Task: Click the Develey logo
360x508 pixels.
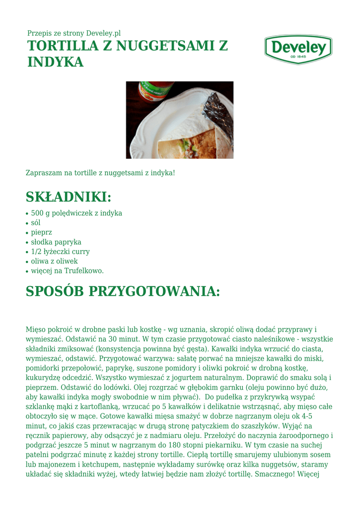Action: pyautogui.click(x=298, y=49)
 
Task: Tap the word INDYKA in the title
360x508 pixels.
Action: pyautogui.click(x=55, y=63)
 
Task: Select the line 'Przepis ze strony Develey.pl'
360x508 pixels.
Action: pyautogui.click(x=74, y=33)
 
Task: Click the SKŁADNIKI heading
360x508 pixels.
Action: pyautogui.click(x=68, y=197)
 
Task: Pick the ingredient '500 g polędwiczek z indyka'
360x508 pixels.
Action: pyautogui.click(x=76, y=213)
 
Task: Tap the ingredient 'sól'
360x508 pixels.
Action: pyautogui.click(x=36, y=223)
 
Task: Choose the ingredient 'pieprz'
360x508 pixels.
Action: pyautogui.click(x=41, y=232)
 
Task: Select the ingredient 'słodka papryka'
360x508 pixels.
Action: pyautogui.click(x=56, y=242)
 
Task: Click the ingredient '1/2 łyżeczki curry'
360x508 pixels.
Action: pyautogui.click(x=60, y=252)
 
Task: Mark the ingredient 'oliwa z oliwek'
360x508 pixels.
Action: pyautogui.click(x=54, y=261)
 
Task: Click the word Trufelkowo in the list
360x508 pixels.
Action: pyautogui.click(x=83, y=271)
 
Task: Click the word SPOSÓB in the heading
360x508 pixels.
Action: pyautogui.click(x=55, y=291)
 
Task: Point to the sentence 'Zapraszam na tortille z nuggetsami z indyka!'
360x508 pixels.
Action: pyautogui.click(x=100, y=173)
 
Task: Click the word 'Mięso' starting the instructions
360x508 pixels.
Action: pyautogui.click(x=36, y=329)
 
